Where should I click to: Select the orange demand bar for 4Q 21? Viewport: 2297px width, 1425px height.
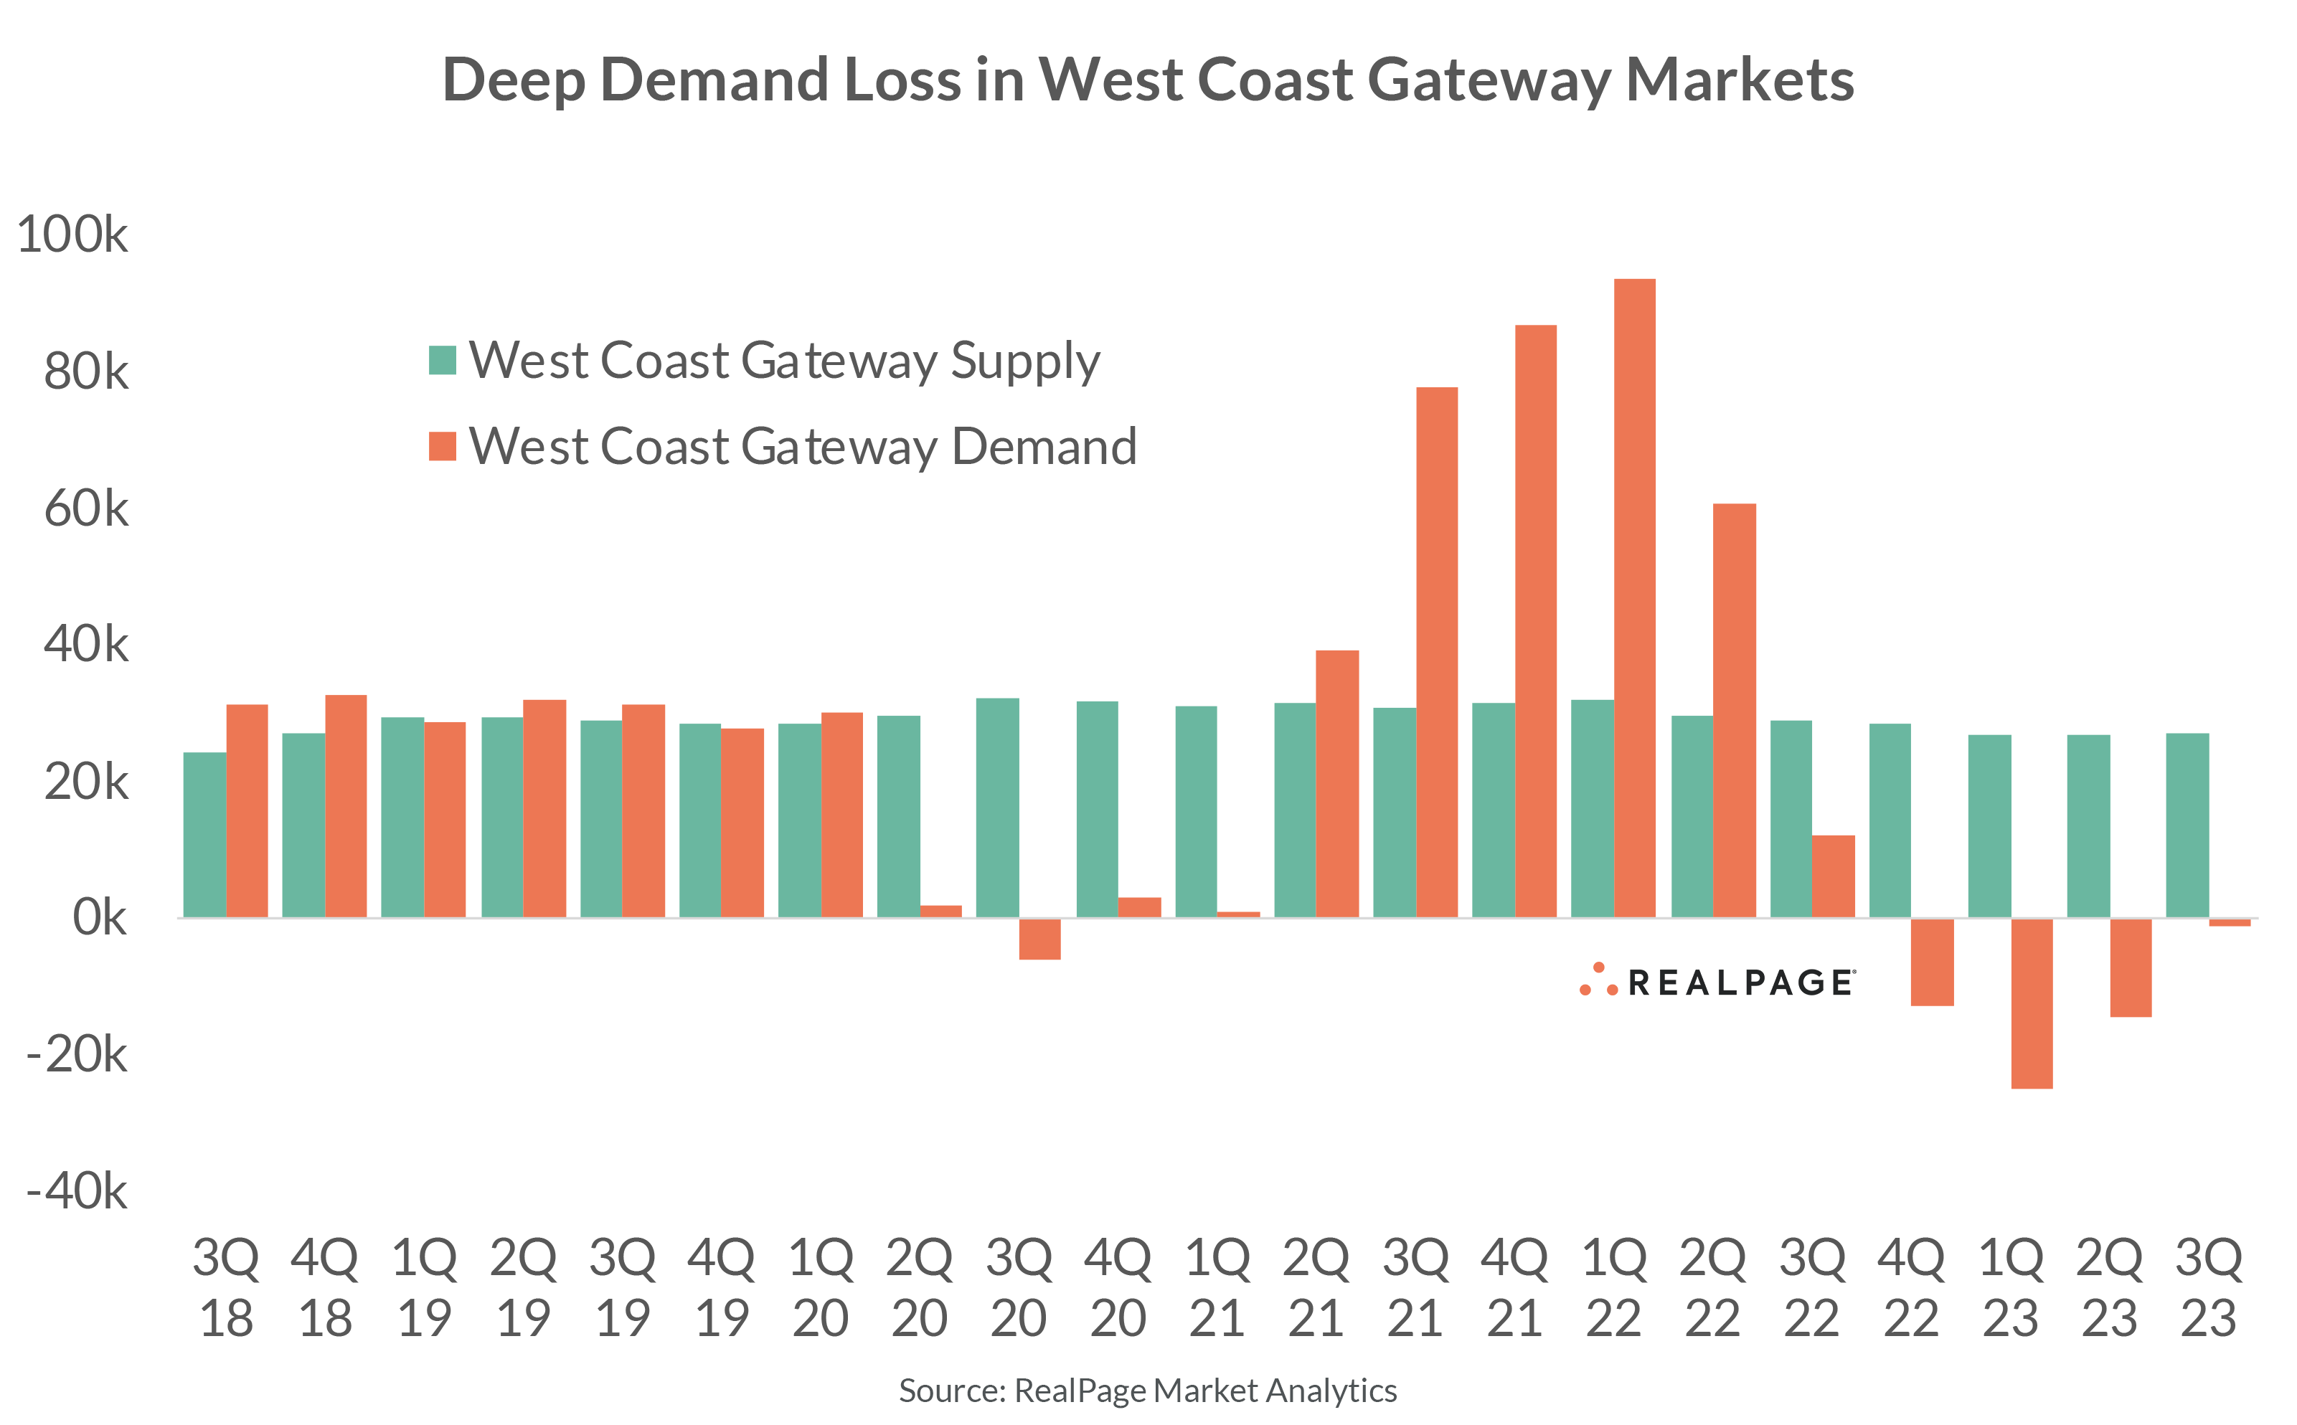pyautogui.click(x=1535, y=621)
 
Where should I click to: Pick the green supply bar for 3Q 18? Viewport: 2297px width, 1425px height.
pyautogui.click(x=204, y=834)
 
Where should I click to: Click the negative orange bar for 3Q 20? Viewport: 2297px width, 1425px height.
pyautogui.click(x=1039, y=939)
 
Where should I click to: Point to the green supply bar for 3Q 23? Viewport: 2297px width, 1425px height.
pyautogui.click(x=2187, y=825)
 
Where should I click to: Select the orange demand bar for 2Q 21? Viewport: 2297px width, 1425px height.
pyautogui.click(x=1336, y=783)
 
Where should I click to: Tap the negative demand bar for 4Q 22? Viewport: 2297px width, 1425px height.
pyautogui.click(x=1933, y=961)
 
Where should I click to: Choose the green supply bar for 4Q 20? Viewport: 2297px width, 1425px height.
pyautogui.click(x=1097, y=809)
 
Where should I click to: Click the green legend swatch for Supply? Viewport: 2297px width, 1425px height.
pyautogui.click(x=442, y=360)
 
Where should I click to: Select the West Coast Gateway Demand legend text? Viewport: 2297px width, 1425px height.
pyautogui.click(x=802, y=446)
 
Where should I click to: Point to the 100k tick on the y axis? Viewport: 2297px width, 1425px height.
pyautogui.click(x=72, y=234)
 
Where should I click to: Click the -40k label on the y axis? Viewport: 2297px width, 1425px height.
pyautogui.click(x=77, y=1191)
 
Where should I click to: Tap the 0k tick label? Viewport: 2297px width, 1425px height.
pyautogui.click(x=99, y=917)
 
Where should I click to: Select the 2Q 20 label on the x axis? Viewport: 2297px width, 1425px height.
pyautogui.click(x=919, y=1287)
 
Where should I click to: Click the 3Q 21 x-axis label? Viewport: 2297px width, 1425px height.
pyautogui.click(x=1415, y=1287)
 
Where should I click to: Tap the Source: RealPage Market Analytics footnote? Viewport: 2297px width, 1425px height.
pyautogui.click(x=1147, y=1390)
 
